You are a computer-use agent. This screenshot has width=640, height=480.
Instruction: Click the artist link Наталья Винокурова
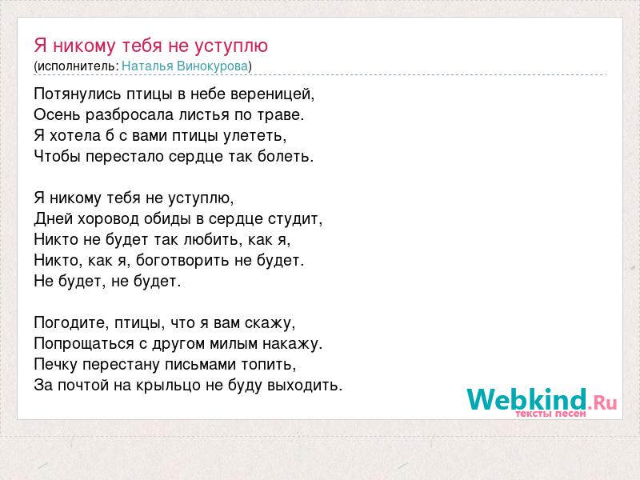pos(185,66)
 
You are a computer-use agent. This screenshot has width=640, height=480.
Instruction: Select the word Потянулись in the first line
pos(78,94)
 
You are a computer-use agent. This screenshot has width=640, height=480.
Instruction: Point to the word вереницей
pos(273,94)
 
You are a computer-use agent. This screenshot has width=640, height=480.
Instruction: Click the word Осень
pos(57,114)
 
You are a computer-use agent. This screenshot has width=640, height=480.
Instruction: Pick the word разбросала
pos(130,115)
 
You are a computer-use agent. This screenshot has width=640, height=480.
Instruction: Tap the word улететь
pos(255,136)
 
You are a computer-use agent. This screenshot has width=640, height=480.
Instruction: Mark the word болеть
pos(286,156)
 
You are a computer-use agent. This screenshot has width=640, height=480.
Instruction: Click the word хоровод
pos(108,219)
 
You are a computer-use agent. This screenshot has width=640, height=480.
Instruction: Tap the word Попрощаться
pos(84,344)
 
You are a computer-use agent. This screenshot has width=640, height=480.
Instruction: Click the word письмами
pos(200,365)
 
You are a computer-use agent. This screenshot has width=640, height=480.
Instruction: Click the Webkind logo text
pos(542,399)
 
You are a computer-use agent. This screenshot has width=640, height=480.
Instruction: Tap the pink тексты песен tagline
pos(550,414)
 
